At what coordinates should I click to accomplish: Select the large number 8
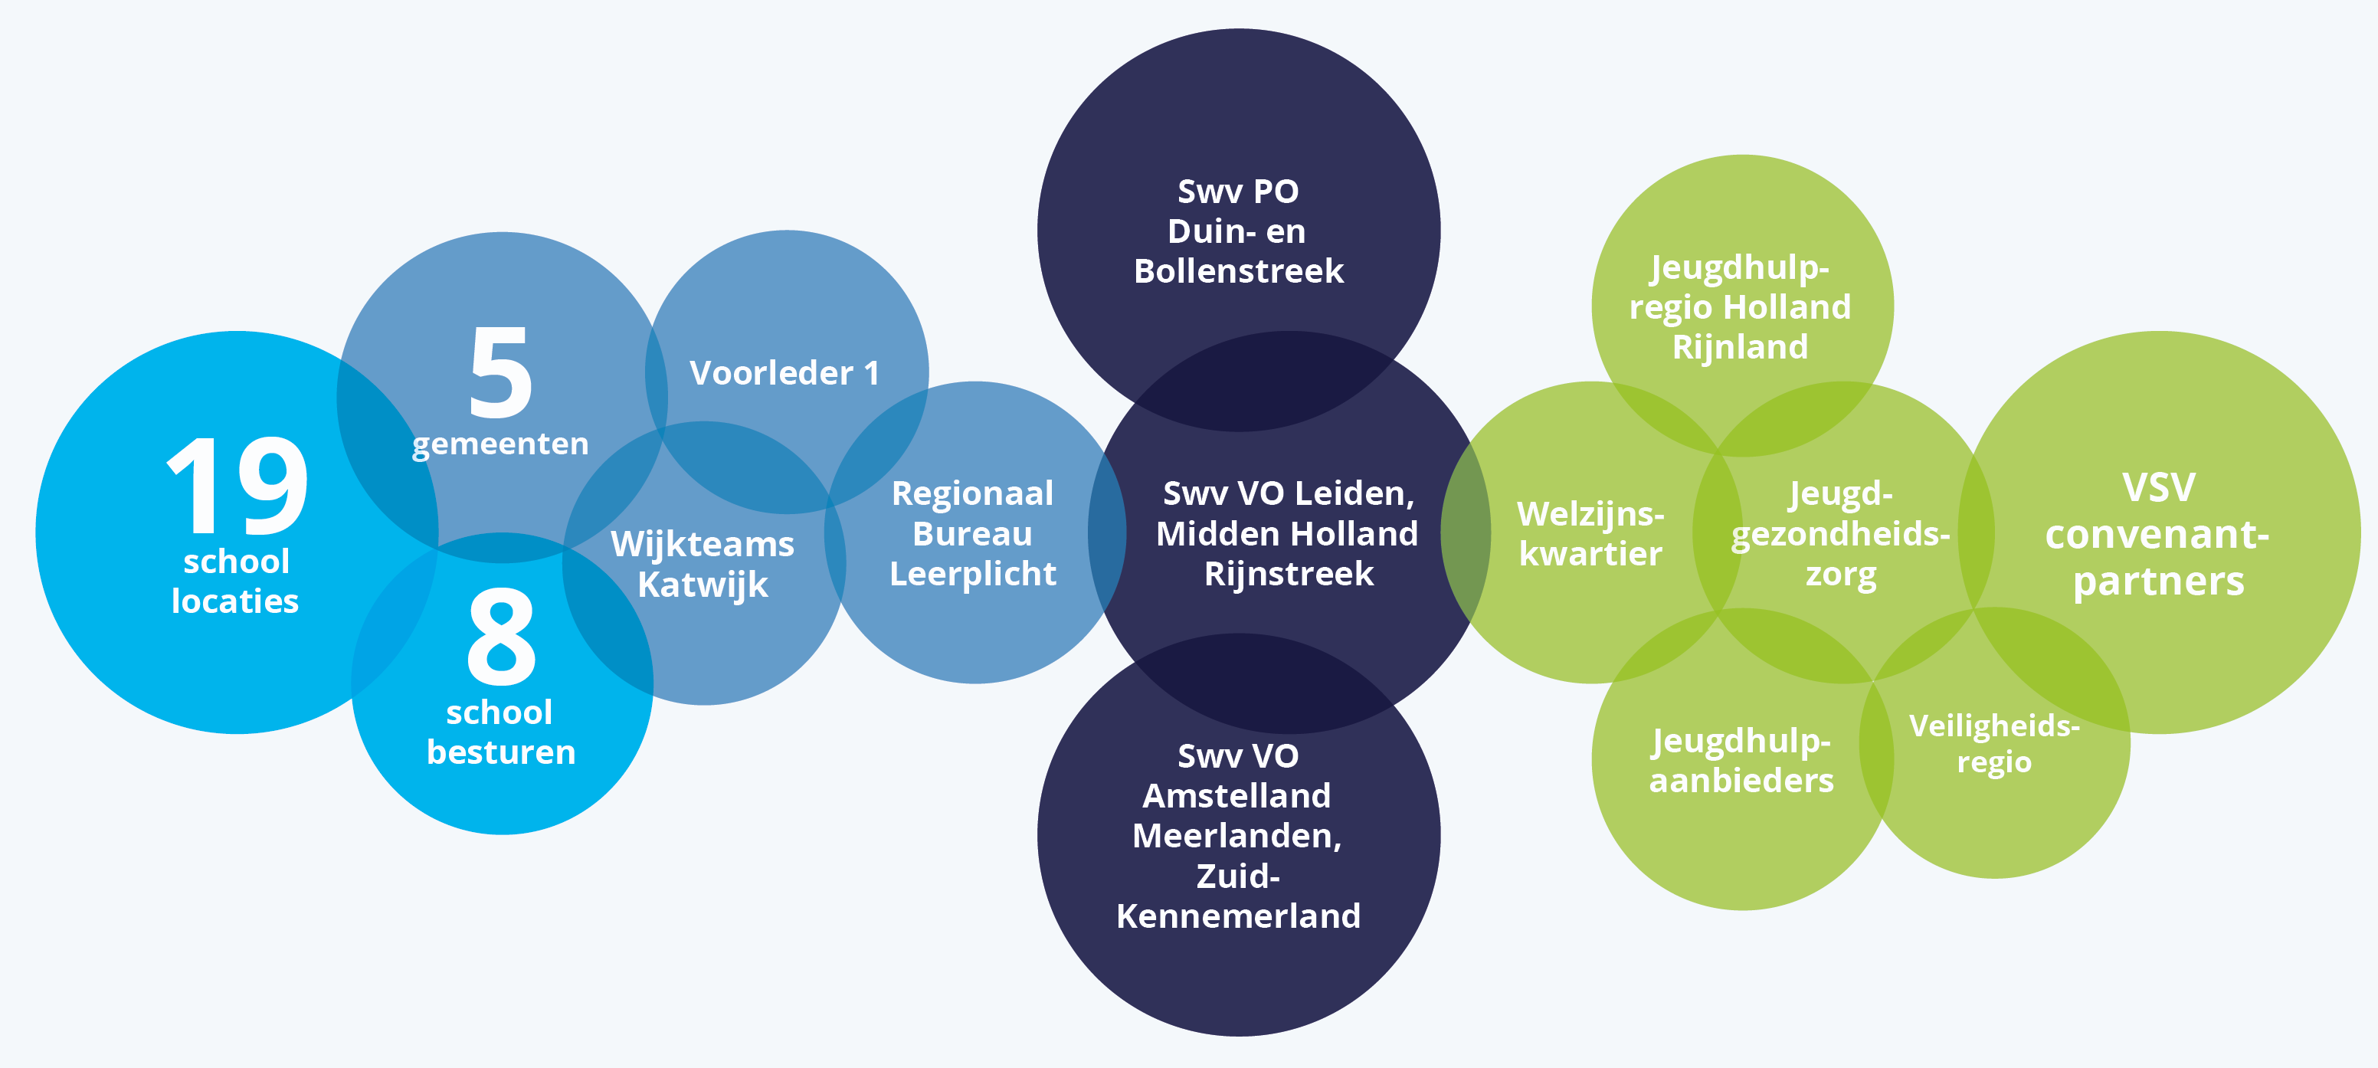click(x=501, y=637)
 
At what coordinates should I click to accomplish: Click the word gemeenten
click(x=500, y=444)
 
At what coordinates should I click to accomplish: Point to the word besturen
click(x=501, y=752)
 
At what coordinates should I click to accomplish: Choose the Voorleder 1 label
click(x=784, y=373)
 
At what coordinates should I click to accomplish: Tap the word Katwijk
click(x=703, y=585)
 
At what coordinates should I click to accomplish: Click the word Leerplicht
click(x=973, y=574)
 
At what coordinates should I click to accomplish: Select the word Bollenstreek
click(x=1239, y=271)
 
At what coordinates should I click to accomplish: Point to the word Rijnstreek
click(x=1289, y=574)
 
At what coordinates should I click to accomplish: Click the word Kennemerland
click(x=1239, y=916)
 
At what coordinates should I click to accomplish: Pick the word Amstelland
click(x=1237, y=796)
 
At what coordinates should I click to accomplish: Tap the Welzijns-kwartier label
click(x=1590, y=533)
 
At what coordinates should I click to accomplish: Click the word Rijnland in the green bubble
click(x=1740, y=347)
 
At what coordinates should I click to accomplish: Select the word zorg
click(x=1841, y=574)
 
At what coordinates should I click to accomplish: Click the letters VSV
click(x=2158, y=487)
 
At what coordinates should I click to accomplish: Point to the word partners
click(x=2158, y=582)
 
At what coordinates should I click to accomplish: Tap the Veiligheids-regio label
click(x=1994, y=744)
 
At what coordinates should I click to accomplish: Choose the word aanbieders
click(x=1742, y=781)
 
